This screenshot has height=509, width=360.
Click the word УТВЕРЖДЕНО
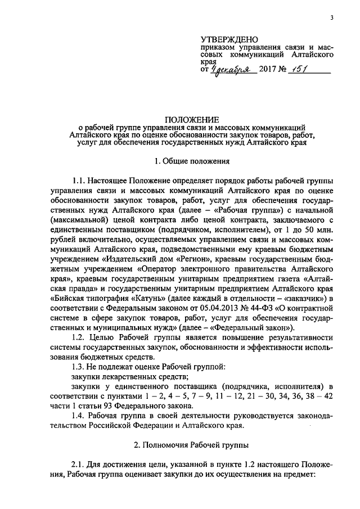(229, 39)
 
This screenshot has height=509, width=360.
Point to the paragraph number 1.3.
(80, 367)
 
